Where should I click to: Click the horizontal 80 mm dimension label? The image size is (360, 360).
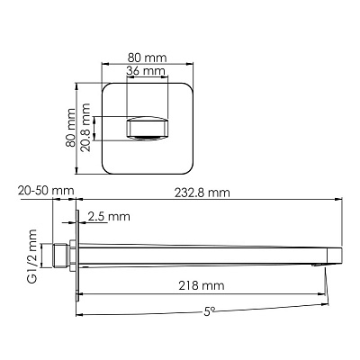click(x=147, y=58)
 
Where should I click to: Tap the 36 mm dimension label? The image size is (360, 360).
click(x=146, y=71)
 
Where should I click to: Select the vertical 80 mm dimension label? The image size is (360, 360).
click(x=71, y=128)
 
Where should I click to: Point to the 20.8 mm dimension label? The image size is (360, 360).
click(x=85, y=128)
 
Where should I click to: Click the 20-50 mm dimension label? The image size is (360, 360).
click(x=46, y=191)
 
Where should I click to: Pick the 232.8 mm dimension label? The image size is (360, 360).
click(x=202, y=193)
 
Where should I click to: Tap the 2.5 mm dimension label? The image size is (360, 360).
click(x=109, y=216)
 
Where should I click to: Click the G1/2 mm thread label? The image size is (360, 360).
click(x=31, y=256)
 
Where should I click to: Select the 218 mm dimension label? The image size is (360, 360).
click(x=202, y=285)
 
